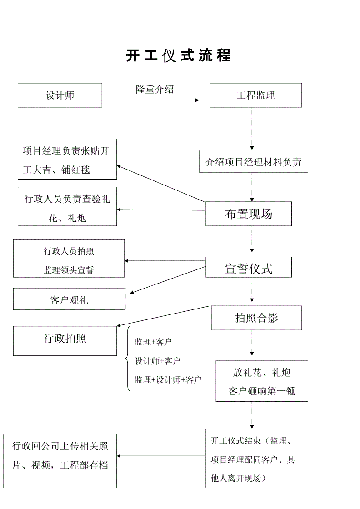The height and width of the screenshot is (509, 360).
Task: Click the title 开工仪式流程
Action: coord(178,55)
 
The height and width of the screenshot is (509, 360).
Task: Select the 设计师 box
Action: coord(60,95)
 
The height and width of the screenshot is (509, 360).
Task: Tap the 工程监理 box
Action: coord(255,95)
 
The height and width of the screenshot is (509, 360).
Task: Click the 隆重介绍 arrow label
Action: coord(155,89)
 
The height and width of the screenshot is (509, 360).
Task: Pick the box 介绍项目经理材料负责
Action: coord(253,161)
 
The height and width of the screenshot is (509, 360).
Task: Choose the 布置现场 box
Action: coord(249,214)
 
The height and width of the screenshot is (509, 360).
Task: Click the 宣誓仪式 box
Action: coord(249,268)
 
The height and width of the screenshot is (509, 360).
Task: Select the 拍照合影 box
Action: coord(256,318)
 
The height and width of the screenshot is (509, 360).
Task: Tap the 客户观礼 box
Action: coord(69,300)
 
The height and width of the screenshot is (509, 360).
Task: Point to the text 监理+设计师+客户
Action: coord(168,379)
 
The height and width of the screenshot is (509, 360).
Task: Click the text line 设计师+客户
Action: coord(157,361)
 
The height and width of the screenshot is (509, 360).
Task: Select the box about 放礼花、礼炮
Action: coord(262,381)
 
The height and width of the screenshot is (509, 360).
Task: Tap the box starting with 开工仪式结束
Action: coord(257,459)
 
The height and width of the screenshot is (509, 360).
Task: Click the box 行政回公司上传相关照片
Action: coord(60,456)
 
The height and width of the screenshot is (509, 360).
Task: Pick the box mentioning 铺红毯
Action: coord(67,160)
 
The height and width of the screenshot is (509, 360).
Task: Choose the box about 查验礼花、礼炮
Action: coord(67,207)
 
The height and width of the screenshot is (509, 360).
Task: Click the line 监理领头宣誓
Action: coord(69,270)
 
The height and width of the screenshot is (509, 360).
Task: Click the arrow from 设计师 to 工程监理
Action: coord(155,100)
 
